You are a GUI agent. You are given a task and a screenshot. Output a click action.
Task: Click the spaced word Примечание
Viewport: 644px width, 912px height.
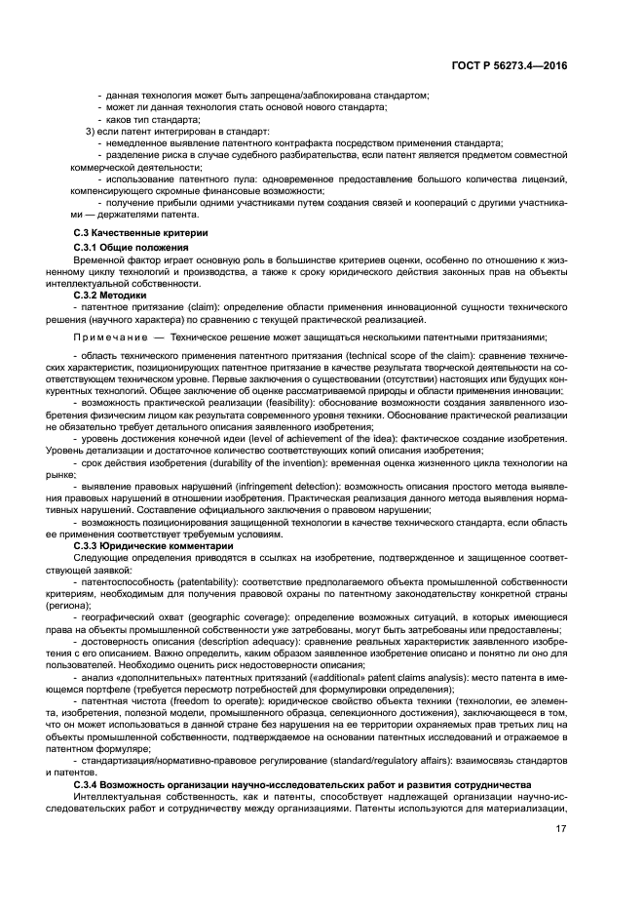(x=109, y=335)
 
